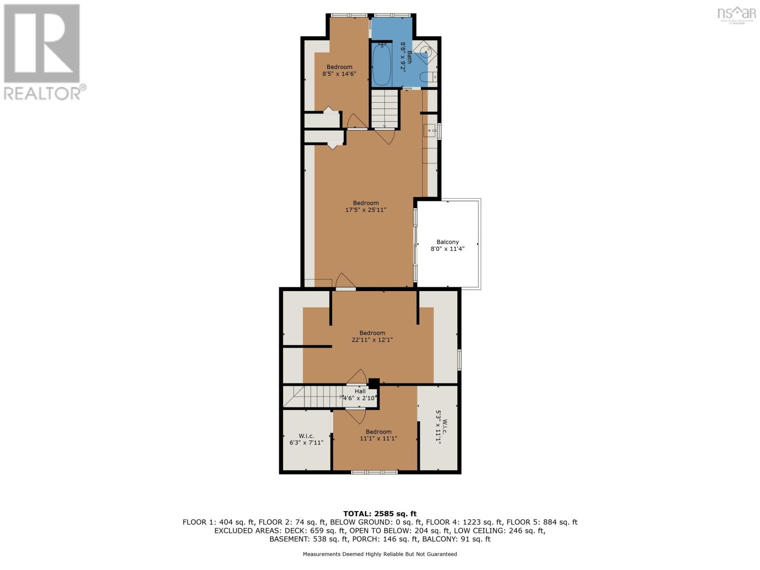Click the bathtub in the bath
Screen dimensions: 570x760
pos(382,64)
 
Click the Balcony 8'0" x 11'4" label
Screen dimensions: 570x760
pos(447,245)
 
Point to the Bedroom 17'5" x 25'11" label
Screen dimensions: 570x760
pos(366,206)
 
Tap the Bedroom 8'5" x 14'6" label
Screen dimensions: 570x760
pos(339,70)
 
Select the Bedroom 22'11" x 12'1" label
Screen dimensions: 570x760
pos(372,336)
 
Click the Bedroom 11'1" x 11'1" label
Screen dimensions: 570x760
pos(379,435)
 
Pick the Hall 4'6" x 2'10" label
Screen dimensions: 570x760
pos(360,395)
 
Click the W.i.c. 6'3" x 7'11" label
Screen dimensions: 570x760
pos(306,439)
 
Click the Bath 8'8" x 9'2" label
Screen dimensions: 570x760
pos(406,57)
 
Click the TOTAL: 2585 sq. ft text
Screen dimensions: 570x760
pos(380,513)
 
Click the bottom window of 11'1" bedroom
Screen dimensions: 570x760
pos(374,472)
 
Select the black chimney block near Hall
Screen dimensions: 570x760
pos(374,382)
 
